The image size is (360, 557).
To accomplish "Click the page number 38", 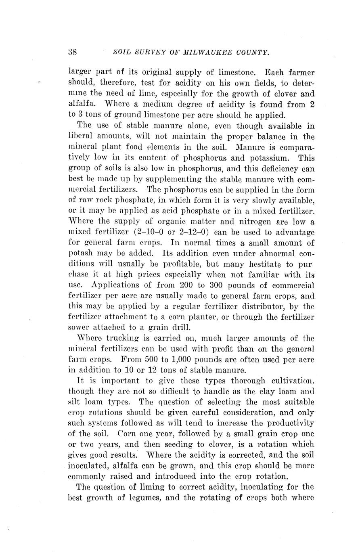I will [x=73, y=52].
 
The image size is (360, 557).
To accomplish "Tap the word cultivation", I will [x=291, y=381].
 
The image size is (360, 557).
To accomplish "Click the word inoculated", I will [x=88, y=465].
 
